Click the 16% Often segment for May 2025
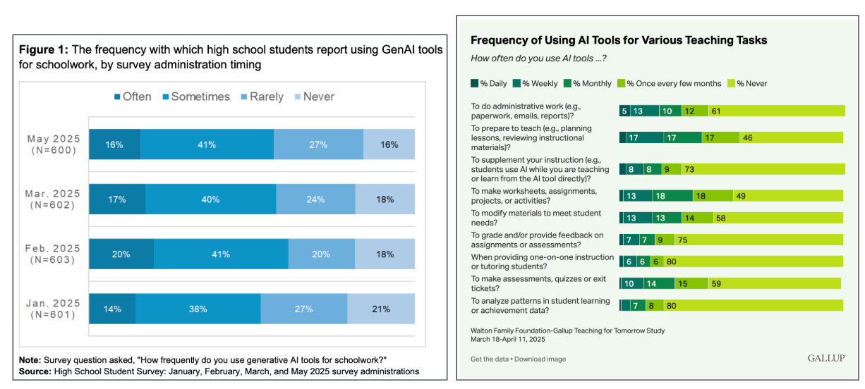tap(114, 144)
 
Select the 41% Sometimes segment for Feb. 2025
tap(221, 254)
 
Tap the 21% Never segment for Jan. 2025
tap(381, 308)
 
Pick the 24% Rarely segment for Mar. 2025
tap(315, 199)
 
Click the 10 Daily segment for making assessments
tap(629, 283)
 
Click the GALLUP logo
tap(825, 359)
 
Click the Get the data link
tap(490, 359)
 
